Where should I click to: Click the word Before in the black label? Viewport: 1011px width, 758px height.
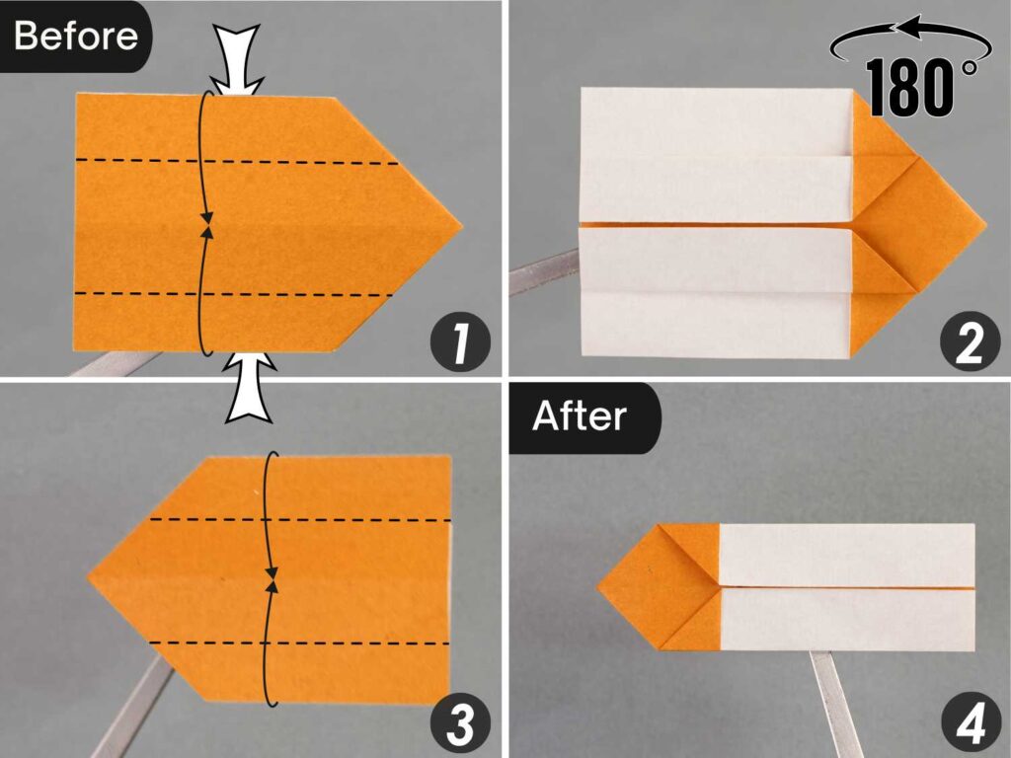pyautogui.click(x=76, y=37)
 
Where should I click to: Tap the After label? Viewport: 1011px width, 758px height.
pyautogui.click(x=580, y=417)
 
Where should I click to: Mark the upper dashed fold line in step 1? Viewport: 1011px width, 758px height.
pyautogui.click(x=237, y=161)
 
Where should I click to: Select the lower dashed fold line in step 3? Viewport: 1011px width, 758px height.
pyautogui.click(x=296, y=644)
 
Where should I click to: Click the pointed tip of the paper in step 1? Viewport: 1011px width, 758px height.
pyautogui.click(x=458, y=224)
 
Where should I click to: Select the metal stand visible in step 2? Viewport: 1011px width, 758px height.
pyautogui.click(x=538, y=277)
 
